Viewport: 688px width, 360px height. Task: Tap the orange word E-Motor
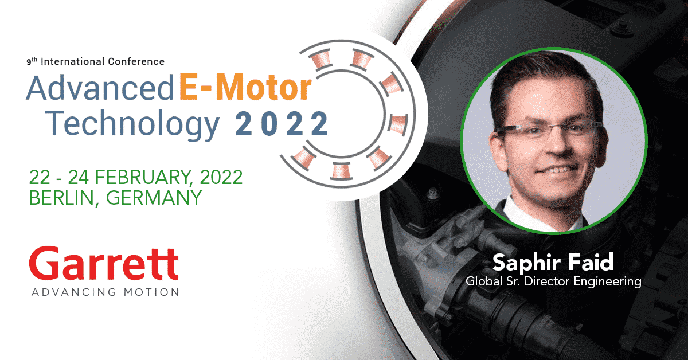pos(245,88)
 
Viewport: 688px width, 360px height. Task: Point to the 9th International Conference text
pos(95,61)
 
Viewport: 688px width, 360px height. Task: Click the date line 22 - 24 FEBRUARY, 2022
pos(136,177)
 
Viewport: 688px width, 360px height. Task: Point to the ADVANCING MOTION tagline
pos(105,292)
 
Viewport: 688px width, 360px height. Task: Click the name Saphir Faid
pos(553,263)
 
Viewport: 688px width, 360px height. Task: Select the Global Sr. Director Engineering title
pos(553,281)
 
